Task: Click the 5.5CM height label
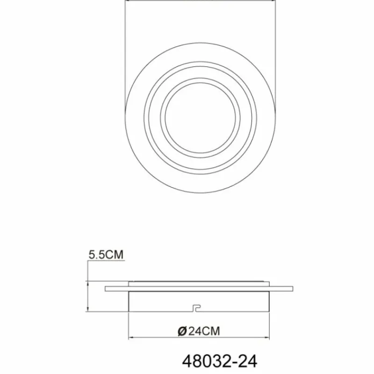(105, 255)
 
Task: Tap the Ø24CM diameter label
(199, 331)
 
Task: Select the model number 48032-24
(219, 361)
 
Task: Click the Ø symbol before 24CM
(182, 331)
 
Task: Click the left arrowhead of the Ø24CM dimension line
(129, 338)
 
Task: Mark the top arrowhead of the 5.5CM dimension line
(88, 282)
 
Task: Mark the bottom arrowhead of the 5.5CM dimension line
(88, 310)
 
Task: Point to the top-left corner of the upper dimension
(127, 1)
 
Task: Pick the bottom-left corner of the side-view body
(128, 311)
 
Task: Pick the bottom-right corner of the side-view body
(270, 311)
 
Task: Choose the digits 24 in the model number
(248, 361)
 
